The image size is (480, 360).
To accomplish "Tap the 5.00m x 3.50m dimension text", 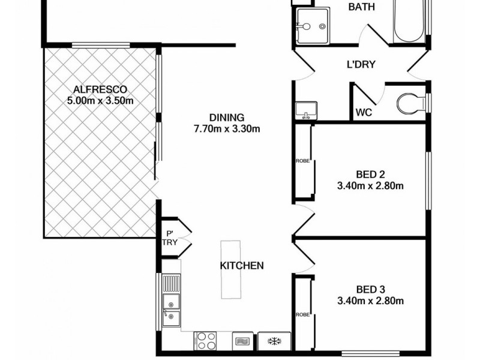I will pos(100,101).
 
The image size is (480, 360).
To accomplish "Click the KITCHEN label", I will pos(241,266).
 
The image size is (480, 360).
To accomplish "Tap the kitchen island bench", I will pos(230,269).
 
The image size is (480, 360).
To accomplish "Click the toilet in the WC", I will pos(412,103).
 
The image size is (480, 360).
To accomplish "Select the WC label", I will pos(363,112).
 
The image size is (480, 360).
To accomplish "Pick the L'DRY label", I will pos(361,64).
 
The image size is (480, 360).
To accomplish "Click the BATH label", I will pos(362,7).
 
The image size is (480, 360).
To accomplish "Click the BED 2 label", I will pos(370,175).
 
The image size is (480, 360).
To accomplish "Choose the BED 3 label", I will pos(370,289).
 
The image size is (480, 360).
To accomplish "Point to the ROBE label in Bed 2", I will pos(302,161).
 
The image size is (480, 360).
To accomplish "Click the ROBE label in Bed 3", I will pos(302,314).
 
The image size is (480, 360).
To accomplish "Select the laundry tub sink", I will pos(306,111).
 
